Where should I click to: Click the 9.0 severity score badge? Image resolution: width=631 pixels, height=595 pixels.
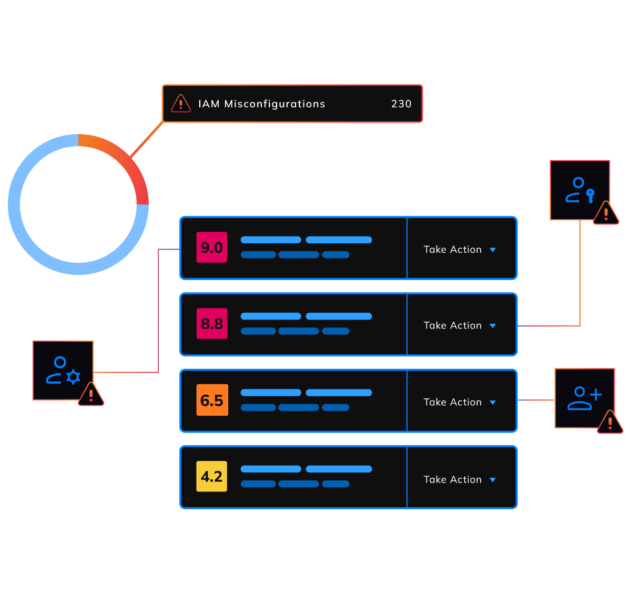(211, 247)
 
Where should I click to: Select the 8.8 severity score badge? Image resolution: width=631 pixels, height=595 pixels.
(211, 323)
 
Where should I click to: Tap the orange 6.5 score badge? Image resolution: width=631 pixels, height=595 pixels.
(212, 400)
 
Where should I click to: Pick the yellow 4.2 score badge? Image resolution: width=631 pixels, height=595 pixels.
(211, 476)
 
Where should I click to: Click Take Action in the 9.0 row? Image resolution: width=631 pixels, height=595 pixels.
(453, 250)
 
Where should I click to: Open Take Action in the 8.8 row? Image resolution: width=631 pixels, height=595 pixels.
(453, 325)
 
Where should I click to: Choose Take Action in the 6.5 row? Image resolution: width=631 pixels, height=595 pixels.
(453, 402)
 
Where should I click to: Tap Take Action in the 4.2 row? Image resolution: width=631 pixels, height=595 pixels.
(453, 479)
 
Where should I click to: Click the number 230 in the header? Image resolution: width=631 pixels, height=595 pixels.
(401, 104)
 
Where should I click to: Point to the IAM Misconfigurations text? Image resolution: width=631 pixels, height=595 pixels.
(261, 104)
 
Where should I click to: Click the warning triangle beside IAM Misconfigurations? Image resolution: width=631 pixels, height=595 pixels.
(181, 104)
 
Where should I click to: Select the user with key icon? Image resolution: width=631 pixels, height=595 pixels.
(579, 190)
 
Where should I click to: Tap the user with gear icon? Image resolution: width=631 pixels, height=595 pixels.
(63, 371)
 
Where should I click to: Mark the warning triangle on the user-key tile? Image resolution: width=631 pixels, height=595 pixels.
(606, 214)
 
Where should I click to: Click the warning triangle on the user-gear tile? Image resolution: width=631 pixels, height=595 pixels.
(91, 395)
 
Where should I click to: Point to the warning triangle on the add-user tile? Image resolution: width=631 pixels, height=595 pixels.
(610, 422)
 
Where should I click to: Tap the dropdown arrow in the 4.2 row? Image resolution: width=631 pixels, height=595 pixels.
(493, 480)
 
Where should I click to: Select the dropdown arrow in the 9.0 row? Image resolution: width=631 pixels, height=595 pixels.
(493, 250)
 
